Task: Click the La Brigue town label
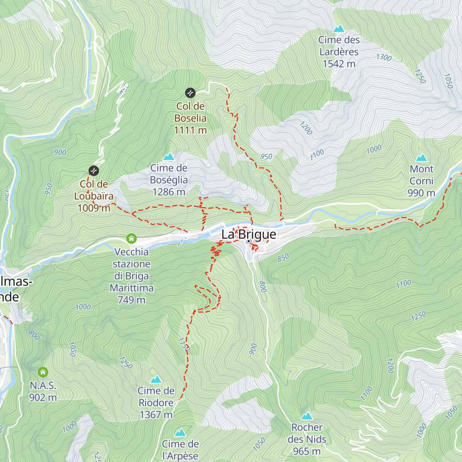(249, 234)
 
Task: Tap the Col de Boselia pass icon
(190, 93)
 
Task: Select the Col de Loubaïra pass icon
(94, 171)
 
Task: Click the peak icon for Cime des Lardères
(339, 28)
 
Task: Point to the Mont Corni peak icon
(422, 158)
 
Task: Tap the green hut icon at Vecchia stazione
(131, 239)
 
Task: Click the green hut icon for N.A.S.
(43, 372)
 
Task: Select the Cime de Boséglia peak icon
(169, 157)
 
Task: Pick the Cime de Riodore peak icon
(156, 380)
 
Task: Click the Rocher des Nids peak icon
(307, 416)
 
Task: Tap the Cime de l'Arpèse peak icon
(180, 433)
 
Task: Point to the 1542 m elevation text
(339, 64)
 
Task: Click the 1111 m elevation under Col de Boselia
(190, 130)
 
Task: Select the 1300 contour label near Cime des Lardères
(384, 57)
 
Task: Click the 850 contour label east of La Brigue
(283, 258)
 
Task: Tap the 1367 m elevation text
(156, 415)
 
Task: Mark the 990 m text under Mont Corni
(421, 193)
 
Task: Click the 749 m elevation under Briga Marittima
(131, 300)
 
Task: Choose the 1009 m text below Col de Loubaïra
(94, 208)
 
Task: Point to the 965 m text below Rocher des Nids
(307, 451)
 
